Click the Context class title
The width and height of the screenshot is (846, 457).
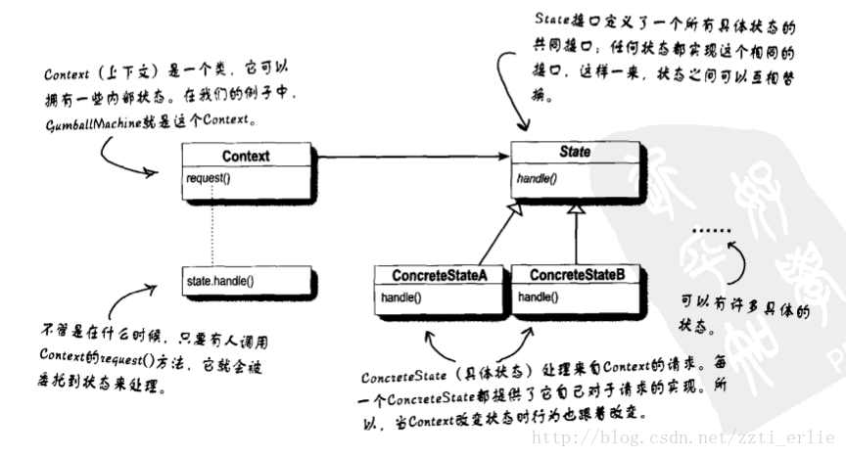click(x=247, y=156)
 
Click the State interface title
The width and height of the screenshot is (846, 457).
click(x=575, y=153)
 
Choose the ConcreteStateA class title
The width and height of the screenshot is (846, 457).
click(x=441, y=275)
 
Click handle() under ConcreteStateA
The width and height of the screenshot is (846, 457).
click(x=400, y=296)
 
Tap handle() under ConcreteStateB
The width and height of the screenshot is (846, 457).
click(x=537, y=296)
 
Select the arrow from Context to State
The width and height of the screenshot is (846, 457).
click(x=411, y=156)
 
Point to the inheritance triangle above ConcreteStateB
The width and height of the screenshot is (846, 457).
click(x=578, y=212)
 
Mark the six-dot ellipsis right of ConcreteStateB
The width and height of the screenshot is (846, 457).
click(x=709, y=230)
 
